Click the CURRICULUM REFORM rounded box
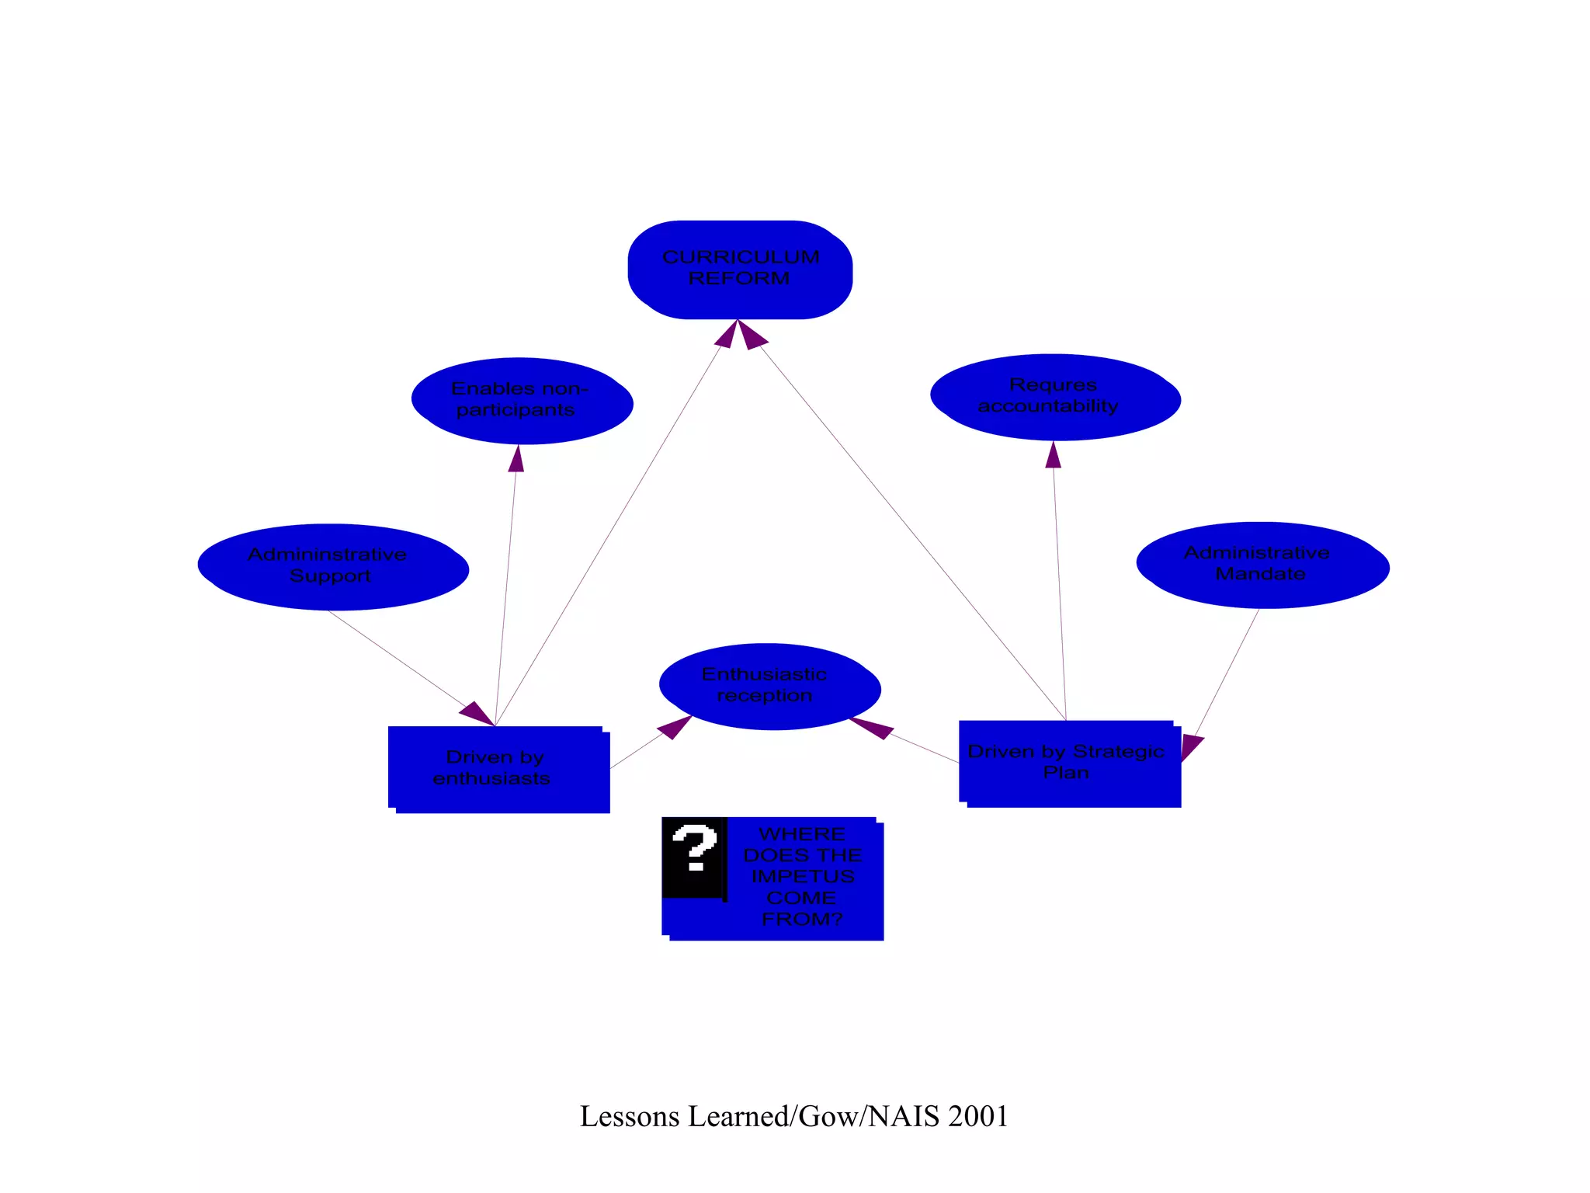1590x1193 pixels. (x=740, y=270)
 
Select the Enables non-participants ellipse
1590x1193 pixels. (x=522, y=401)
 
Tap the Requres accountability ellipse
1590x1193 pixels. (x=1055, y=397)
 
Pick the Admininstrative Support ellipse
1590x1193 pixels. (x=333, y=567)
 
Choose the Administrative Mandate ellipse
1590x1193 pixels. (x=1262, y=565)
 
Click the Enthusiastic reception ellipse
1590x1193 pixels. (x=769, y=686)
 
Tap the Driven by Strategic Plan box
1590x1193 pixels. (x=1069, y=763)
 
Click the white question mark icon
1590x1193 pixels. (x=694, y=848)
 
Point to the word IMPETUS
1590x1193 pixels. (x=803, y=876)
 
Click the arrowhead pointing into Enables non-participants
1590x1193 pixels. (x=516, y=458)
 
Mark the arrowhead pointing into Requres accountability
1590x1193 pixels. (x=1053, y=455)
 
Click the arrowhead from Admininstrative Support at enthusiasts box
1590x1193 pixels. (x=477, y=713)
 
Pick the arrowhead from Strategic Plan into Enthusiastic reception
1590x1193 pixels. (x=870, y=728)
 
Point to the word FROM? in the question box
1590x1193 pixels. (x=801, y=919)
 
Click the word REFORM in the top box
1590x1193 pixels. (x=739, y=278)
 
